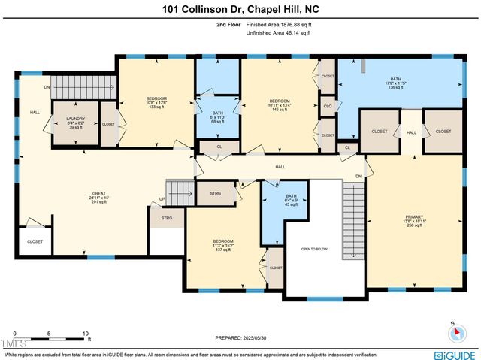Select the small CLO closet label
coord(328,106)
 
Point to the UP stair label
coord(161,199)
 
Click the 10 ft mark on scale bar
coord(86,333)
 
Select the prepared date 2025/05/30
coord(240,339)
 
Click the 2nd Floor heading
coord(228,25)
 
